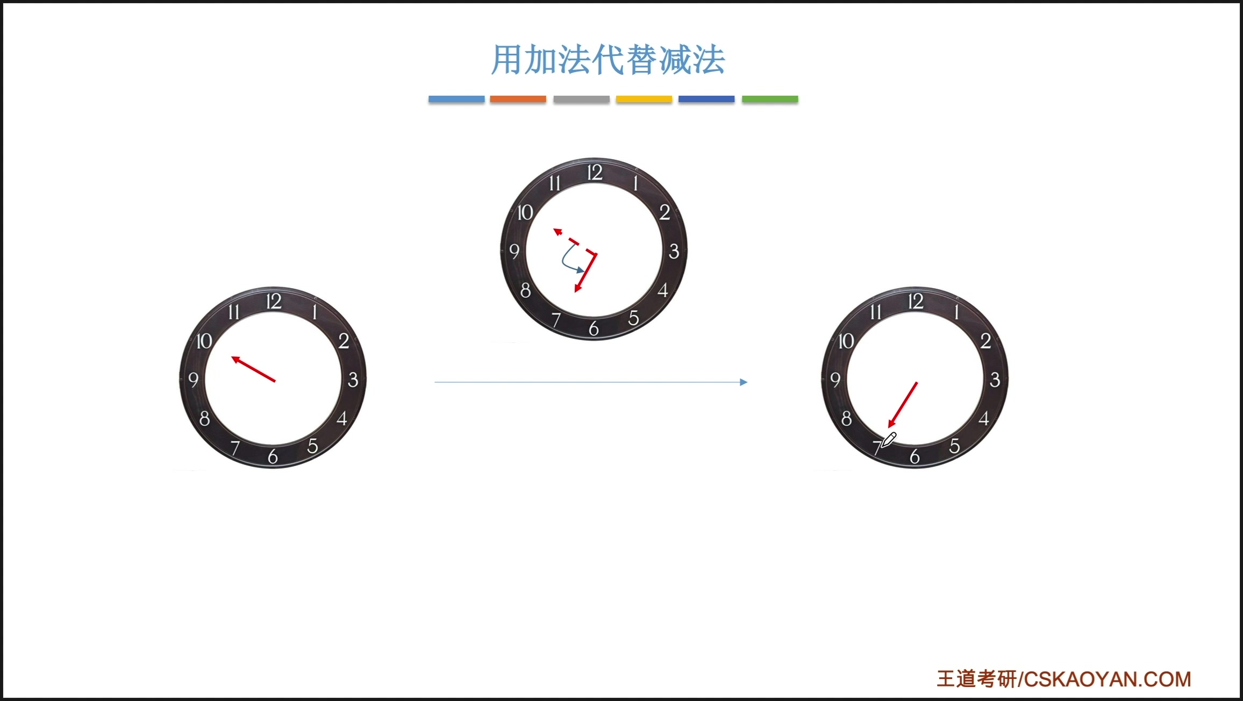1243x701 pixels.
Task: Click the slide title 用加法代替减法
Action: click(608, 60)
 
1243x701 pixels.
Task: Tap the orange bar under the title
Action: click(518, 99)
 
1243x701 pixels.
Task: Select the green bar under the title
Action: click(770, 99)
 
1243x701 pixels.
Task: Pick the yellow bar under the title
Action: click(644, 99)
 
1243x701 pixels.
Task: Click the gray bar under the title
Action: click(581, 99)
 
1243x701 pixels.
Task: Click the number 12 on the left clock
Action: click(274, 302)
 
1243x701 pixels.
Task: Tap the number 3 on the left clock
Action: click(353, 380)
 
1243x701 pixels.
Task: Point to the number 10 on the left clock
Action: click(204, 341)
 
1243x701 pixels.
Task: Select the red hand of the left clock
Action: click(253, 369)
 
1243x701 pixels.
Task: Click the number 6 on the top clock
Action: click(594, 328)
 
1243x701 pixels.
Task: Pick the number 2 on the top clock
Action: click(665, 212)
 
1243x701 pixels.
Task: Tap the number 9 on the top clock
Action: click(515, 251)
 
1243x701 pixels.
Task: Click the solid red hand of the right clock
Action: click(903, 405)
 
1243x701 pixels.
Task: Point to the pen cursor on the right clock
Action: click(888, 440)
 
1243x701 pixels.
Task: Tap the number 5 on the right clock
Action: click(954, 446)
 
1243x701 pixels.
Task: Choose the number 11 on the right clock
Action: click(876, 312)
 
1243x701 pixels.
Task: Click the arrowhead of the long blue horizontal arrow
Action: click(744, 382)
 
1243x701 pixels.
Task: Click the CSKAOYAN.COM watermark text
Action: click(1108, 679)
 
